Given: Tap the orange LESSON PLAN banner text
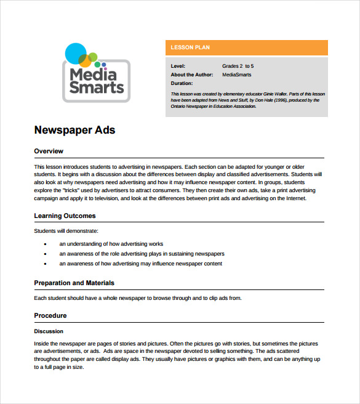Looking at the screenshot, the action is [x=182, y=47].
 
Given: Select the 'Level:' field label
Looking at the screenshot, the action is [x=177, y=65].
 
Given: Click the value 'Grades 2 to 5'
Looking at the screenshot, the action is [x=238, y=65].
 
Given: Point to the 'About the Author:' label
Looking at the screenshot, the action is [x=191, y=75].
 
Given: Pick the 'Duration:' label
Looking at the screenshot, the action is [x=182, y=83].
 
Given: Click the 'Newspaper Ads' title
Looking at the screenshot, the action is [x=74, y=130].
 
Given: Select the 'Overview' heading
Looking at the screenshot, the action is [x=49, y=151].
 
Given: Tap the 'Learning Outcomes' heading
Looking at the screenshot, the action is [x=65, y=216].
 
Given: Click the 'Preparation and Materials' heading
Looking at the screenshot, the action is [x=74, y=283].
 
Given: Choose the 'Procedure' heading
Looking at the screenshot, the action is [x=50, y=316].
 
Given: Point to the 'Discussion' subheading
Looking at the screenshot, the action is [x=49, y=331].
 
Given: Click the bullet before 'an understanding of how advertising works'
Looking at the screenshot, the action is [x=46, y=244].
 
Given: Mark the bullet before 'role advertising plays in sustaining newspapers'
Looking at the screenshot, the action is [x=46, y=254].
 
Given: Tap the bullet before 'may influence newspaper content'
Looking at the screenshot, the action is [x=46, y=264].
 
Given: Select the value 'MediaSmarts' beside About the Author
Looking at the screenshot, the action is [x=236, y=75].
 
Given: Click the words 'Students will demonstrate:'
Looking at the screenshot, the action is [x=66, y=231].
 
